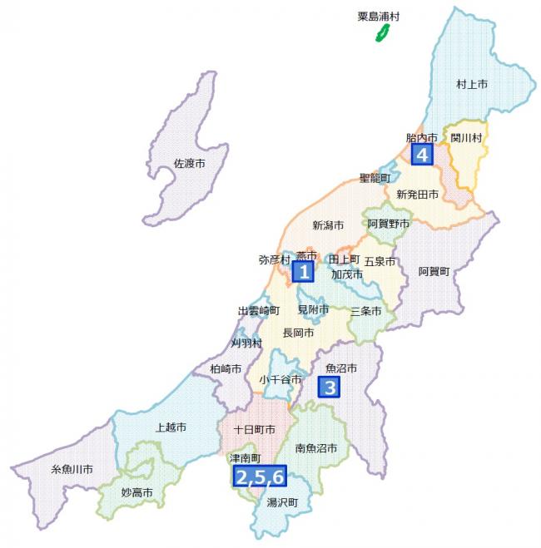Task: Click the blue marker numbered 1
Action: (x=305, y=271)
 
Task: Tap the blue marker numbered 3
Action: (x=330, y=387)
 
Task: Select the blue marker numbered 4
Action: (x=422, y=155)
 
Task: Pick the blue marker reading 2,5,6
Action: (x=260, y=476)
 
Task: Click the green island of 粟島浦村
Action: (x=384, y=33)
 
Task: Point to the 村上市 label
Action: (x=472, y=84)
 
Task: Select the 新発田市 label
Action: (x=417, y=194)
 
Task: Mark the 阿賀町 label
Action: (x=434, y=271)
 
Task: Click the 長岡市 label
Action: (x=298, y=333)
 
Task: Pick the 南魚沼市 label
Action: (x=316, y=448)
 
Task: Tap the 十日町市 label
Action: (x=254, y=430)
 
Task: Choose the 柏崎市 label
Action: (x=226, y=368)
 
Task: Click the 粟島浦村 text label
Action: (x=373, y=16)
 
